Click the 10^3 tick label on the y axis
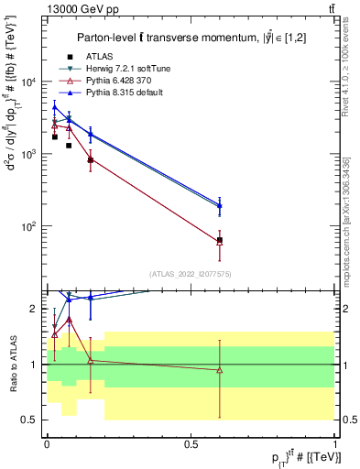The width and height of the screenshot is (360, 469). [35, 154]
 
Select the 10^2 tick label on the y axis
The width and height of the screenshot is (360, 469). [35, 225]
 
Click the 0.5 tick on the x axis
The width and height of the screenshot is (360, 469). [191, 443]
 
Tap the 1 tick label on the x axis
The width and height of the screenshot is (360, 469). [335, 443]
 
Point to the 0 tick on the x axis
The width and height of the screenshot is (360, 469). [47, 443]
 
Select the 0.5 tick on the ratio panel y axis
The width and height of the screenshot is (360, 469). [34, 420]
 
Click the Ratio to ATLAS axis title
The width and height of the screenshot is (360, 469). [12, 365]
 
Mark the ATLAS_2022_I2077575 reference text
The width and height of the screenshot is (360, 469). [191, 273]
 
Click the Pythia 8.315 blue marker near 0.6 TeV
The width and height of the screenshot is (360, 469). [220, 205]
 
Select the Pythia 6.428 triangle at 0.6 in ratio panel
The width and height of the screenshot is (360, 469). [220, 370]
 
